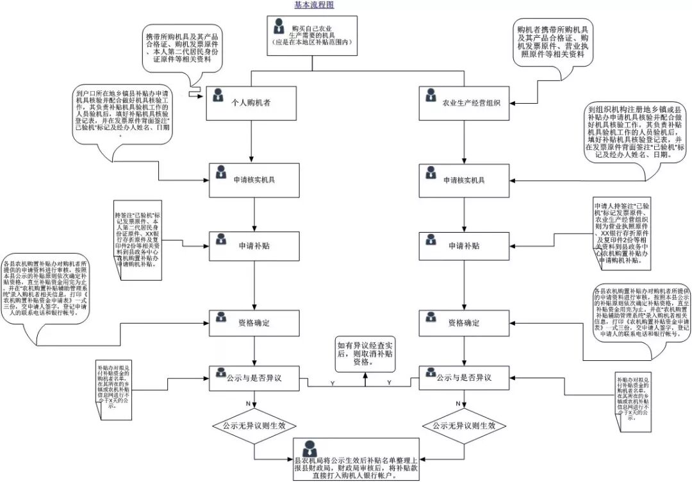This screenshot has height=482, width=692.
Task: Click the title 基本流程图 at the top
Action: coord(314,5)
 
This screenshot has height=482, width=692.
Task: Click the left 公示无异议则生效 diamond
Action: coord(254,426)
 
